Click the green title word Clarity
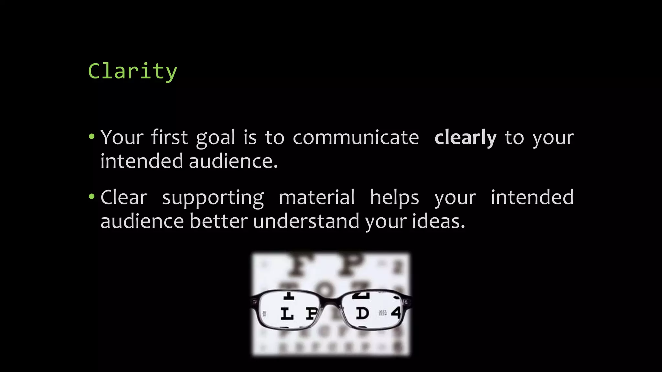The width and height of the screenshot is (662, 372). click(x=133, y=71)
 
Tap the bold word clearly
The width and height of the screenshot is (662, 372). click(x=465, y=138)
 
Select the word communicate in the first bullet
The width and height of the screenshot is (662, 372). click(x=356, y=138)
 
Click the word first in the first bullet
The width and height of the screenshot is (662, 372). click(x=169, y=137)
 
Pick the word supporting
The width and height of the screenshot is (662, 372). click(x=213, y=198)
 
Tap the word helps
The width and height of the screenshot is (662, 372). click(x=394, y=198)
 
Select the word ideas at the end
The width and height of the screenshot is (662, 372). click(x=438, y=221)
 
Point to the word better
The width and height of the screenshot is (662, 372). click(x=219, y=221)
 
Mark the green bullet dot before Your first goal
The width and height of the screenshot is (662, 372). click(x=92, y=137)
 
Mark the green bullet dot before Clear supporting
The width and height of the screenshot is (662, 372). click(x=92, y=196)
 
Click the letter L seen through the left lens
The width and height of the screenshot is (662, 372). click(x=287, y=314)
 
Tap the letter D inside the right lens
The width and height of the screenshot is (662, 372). click(x=362, y=313)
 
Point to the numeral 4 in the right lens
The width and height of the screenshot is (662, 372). click(x=396, y=312)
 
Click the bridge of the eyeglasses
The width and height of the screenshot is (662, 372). click(x=331, y=302)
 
